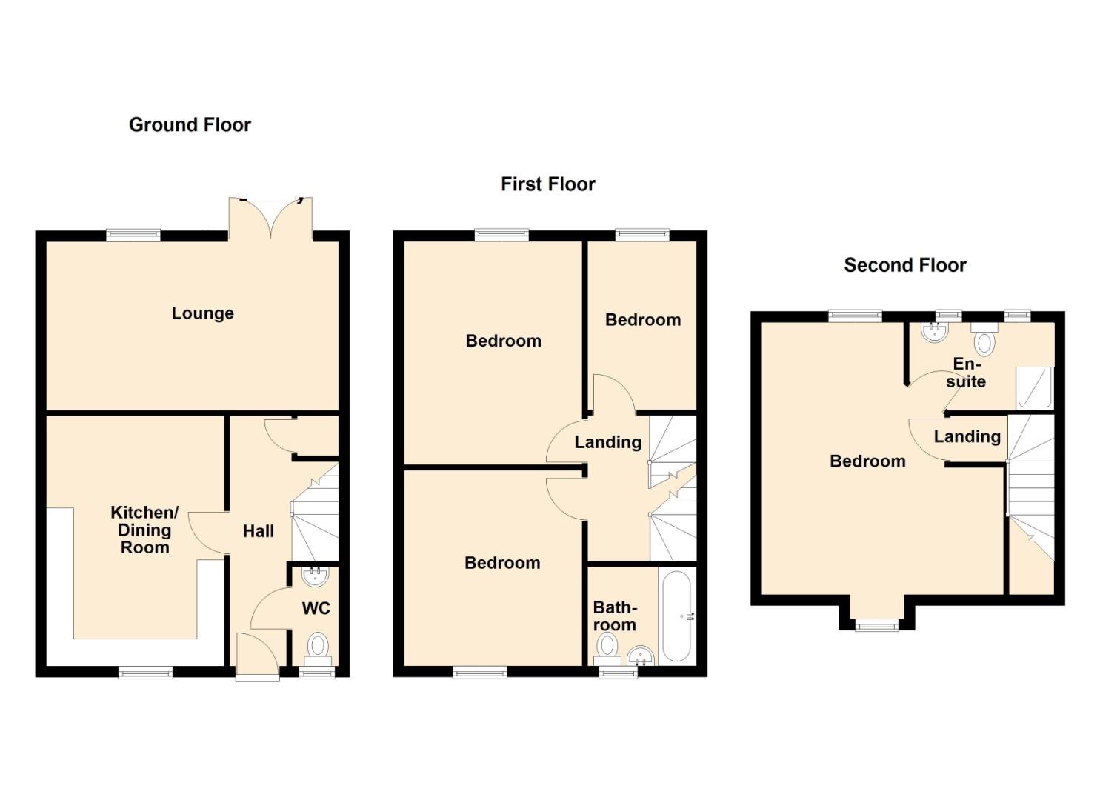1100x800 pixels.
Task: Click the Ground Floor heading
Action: click(190, 124)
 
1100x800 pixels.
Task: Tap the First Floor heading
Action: click(547, 184)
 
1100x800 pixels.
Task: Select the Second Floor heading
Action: click(904, 265)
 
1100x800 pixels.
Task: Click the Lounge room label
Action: click(202, 313)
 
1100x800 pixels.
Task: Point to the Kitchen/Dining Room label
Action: click(144, 530)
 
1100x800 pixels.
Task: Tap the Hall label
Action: click(258, 531)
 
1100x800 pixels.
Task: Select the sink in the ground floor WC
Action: click(316, 576)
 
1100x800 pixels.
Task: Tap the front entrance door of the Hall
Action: click(257, 656)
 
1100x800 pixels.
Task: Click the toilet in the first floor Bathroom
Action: click(607, 647)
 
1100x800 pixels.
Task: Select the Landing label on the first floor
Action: click(607, 442)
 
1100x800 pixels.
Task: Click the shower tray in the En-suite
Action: click(1035, 387)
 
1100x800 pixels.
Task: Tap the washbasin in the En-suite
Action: click(936, 332)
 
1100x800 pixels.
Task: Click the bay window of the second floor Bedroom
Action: click(876, 626)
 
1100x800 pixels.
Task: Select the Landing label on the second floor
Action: click(967, 437)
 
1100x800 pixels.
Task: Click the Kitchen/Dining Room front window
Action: click(145, 673)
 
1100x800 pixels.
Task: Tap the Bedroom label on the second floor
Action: click(867, 461)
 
